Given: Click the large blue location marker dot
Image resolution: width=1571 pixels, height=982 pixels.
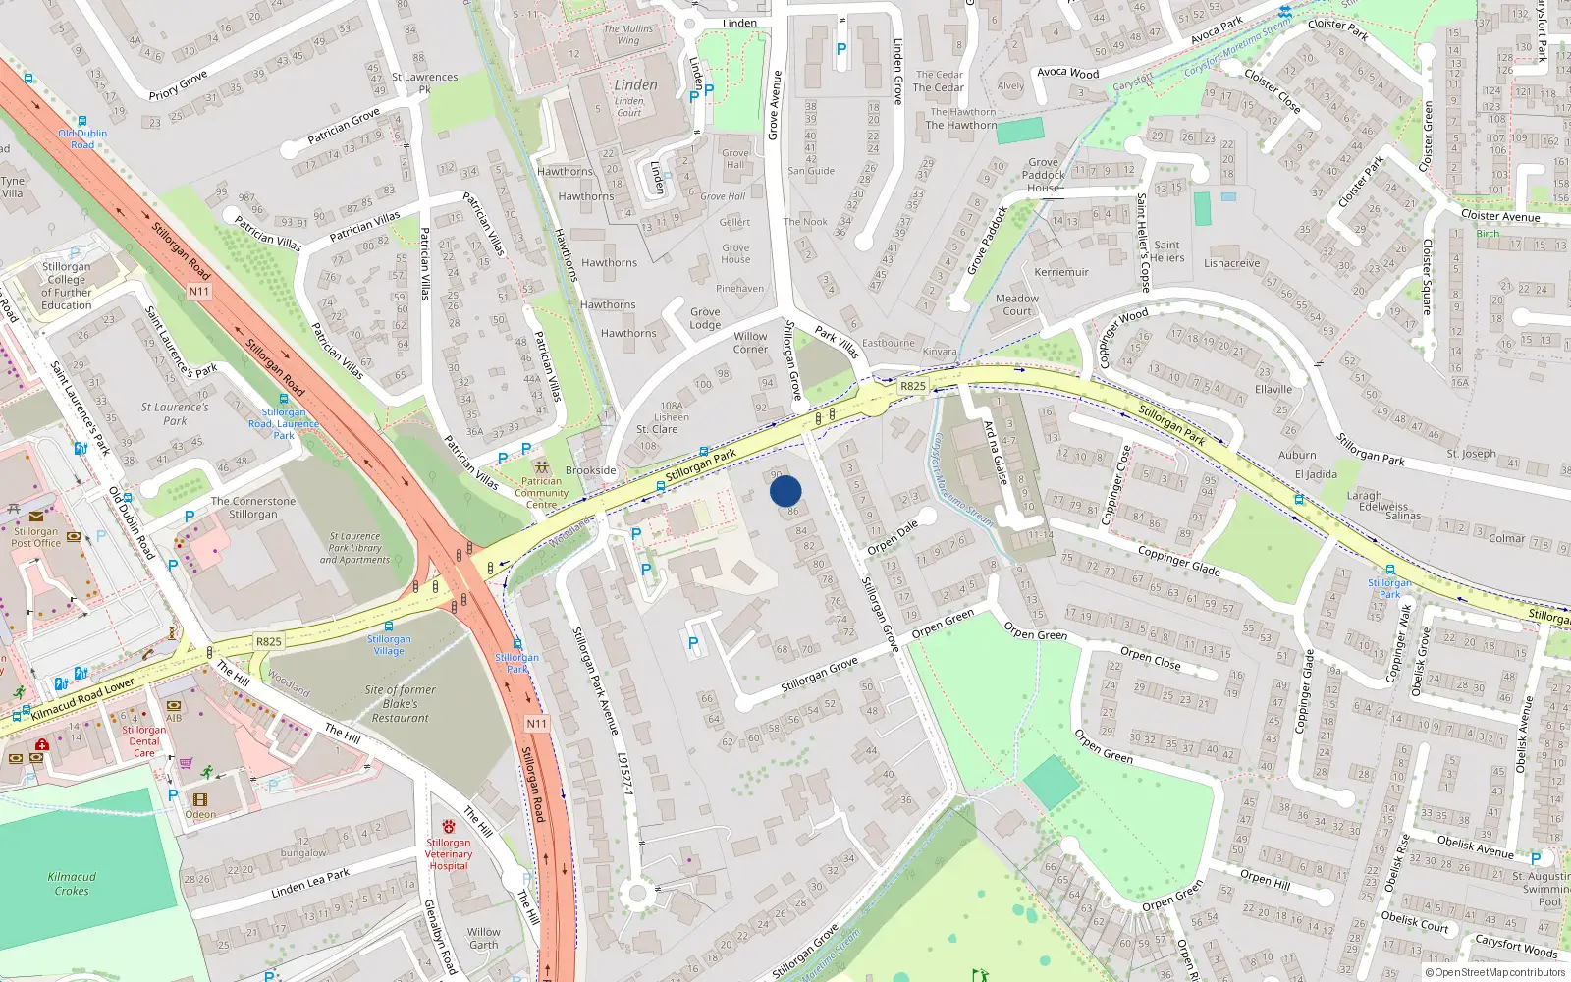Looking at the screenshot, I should [x=785, y=491].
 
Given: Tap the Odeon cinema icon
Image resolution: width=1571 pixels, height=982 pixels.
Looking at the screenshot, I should [x=200, y=800].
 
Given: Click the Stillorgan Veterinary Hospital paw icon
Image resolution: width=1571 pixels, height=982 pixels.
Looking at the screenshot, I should [x=449, y=827].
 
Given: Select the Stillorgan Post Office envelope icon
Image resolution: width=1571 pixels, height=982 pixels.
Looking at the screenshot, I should [x=36, y=517].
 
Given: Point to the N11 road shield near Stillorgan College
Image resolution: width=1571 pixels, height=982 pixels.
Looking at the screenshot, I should [x=199, y=292].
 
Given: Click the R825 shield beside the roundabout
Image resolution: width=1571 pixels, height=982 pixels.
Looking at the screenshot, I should [x=913, y=386].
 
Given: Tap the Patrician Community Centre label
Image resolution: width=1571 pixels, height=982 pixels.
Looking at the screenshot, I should [x=541, y=493].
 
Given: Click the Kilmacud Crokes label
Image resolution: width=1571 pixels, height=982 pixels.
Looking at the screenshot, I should [x=72, y=884].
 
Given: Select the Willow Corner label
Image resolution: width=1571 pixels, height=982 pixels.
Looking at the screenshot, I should [x=750, y=343].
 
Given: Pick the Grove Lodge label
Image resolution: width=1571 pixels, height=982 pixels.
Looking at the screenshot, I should [x=705, y=318].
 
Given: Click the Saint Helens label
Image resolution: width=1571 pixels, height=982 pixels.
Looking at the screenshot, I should [x=1167, y=251].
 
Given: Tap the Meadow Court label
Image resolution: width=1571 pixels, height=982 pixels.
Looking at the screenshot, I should [x=1017, y=304].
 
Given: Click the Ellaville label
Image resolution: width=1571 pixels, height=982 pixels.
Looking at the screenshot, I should [x=1273, y=389].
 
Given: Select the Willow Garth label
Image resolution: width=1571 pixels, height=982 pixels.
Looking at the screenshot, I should [x=483, y=938].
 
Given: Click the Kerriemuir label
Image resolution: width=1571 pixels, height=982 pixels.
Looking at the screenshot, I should [x=1061, y=272].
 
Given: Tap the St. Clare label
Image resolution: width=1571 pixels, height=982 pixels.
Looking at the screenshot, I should [x=657, y=429].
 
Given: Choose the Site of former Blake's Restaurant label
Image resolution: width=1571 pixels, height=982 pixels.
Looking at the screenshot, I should [x=400, y=704].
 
